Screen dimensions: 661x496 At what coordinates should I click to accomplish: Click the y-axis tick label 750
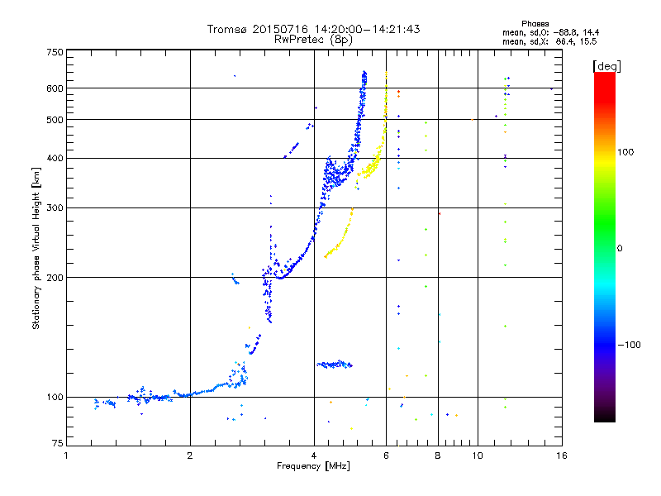pyautogui.click(x=55, y=52)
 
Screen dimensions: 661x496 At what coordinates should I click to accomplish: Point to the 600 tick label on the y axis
pyautogui.click(x=55, y=88)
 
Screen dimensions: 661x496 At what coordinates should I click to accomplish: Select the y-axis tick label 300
pyautogui.click(x=55, y=207)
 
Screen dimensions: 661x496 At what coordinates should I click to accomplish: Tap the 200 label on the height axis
pyautogui.click(x=55, y=277)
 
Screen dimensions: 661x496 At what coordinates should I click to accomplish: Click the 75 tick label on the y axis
pyautogui.click(x=58, y=443)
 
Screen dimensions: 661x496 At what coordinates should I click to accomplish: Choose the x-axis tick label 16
pyautogui.click(x=562, y=455)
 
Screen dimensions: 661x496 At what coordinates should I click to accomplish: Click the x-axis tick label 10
pyautogui.click(x=478, y=455)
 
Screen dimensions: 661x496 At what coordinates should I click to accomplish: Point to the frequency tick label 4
pyautogui.click(x=314, y=455)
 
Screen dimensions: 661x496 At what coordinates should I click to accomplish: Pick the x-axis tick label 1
pyautogui.click(x=66, y=455)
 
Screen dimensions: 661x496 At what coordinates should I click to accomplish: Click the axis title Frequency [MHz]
pyautogui.click(x=313, y=466)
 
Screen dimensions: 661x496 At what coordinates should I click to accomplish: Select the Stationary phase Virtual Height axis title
pyautogui.click(x=36, y=249)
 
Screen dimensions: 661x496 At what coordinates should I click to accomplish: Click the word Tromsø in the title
pyautogui.click(x=226, y=29)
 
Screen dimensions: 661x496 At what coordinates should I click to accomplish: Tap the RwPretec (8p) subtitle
pyautogui.click(x=313, y=40)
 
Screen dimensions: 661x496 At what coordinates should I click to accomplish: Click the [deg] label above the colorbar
pyautogui.click(x=606, y=66)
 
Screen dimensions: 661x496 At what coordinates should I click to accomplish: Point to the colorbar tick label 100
pyautogui.click(x=625, y=152)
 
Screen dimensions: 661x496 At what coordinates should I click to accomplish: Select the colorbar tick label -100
pyautogui.click(x=629, y=345)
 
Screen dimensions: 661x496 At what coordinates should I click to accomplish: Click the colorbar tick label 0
pyautogui.click(x=620, y=249)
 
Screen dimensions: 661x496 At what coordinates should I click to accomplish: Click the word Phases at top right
pyautogui.click(x=535, y=24)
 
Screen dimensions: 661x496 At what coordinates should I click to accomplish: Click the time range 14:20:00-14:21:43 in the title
pyautogui.click(x=367, y=29)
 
